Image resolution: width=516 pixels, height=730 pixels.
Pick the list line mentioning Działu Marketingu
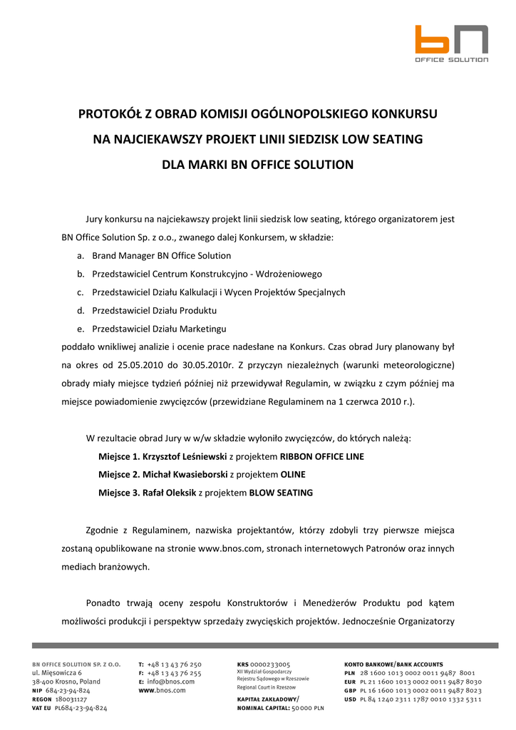coord(159,329)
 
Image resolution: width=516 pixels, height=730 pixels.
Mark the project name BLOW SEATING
coord(281,493)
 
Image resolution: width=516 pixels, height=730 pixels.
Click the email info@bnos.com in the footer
coord(170,682)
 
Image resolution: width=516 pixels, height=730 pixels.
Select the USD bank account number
coord(425,699)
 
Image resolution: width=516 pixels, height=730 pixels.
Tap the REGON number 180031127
coord(71,699)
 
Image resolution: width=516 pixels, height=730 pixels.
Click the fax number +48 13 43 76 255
coord(174,673)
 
